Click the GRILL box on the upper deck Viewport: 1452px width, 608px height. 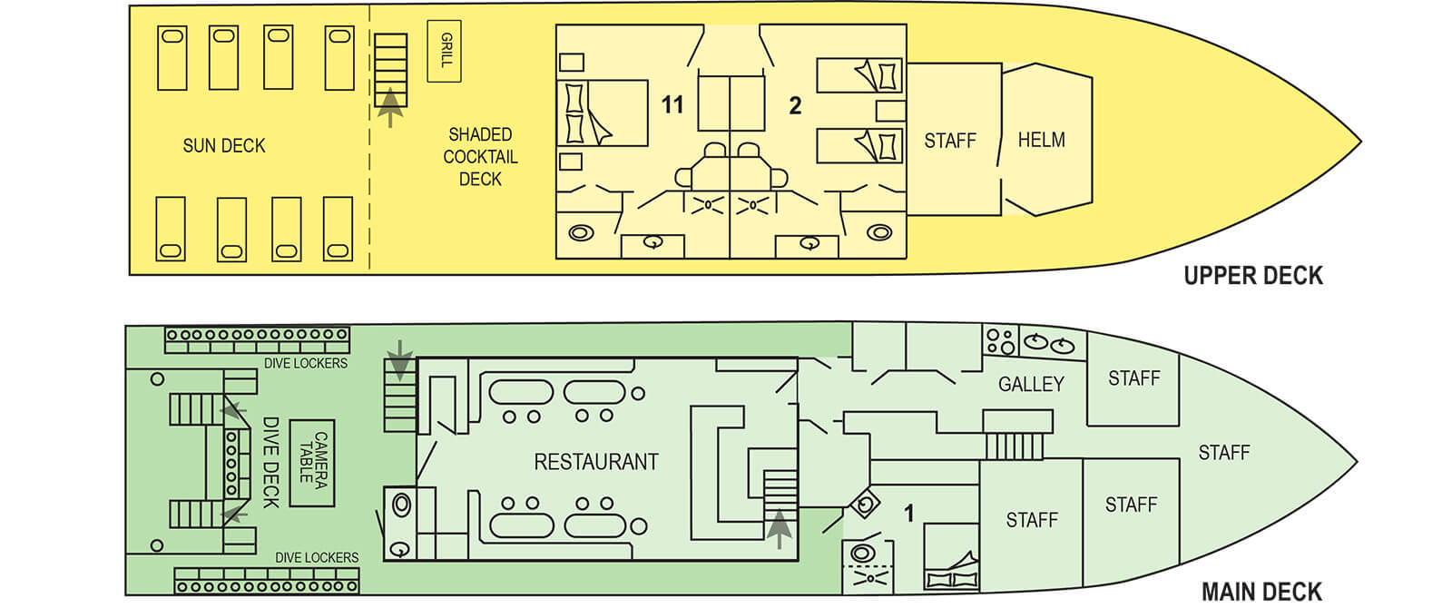coord(444,51)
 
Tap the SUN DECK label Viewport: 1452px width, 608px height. coord(224,145)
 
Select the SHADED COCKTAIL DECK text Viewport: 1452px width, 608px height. coord(480,156)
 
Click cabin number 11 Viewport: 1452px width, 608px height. coord(672,105)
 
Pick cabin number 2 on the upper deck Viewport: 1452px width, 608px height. coord(795,106)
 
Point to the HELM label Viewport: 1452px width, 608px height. coord(1041,140)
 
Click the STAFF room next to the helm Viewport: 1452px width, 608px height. coord(950,141)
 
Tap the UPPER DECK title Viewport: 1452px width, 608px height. coord(1252,276)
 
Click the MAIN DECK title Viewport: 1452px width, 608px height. coord(1261,592)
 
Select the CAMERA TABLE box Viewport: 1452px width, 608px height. coord(312,462)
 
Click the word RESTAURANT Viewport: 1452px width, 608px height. coord(595,462)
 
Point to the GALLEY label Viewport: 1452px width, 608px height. coord(1031,385)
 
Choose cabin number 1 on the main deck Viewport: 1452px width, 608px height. coord(908,515)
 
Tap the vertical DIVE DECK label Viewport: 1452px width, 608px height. coord(270,462)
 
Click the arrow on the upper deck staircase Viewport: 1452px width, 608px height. coord(390,106)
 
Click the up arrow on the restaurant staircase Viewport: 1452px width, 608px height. coord(779,528)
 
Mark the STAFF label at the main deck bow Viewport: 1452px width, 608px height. coord(1223,452)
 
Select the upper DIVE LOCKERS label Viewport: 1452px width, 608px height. coord(306,363)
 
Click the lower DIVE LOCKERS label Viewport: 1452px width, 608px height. coord(317,557)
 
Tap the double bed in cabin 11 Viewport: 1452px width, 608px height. coord(603,113)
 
